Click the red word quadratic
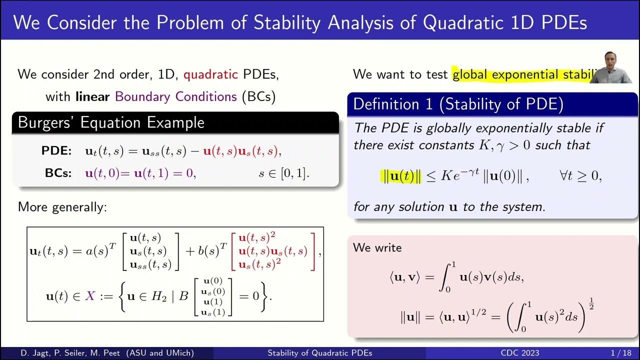point(210,74)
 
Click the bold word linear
point(92,96)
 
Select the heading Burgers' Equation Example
point(111,122)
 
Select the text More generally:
point(62,206)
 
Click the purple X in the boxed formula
point(90,295)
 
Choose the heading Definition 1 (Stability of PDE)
point(458,104)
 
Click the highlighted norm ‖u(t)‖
point(402,176)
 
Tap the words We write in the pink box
point(377,247)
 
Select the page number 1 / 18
point(620,353)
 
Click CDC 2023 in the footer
point(520,353)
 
